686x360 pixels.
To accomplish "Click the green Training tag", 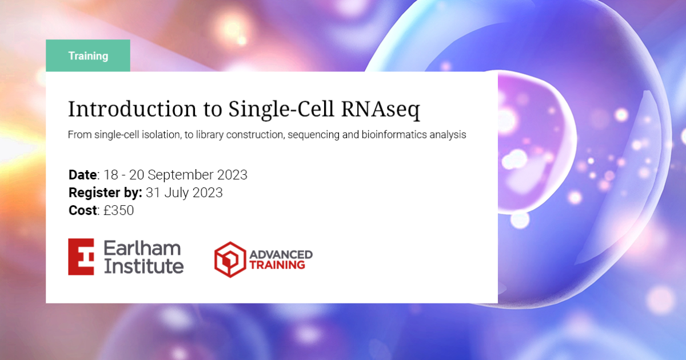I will pyautogui.click(x=88, y=56).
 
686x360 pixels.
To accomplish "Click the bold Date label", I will pyautogui.click(x=82, y=175).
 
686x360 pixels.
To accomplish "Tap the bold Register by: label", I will pyautogui.click(x=105, y=193).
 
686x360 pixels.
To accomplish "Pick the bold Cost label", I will pyautogui.click(x=83, y=210).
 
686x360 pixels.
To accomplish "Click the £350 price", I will pyautogui.click(x=119, y=210).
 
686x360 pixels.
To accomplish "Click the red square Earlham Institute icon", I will pyautogui.click(x=81, y=257).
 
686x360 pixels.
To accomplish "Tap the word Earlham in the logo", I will pyautogui.click(x=142, y=248).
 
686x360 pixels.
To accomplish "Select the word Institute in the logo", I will pyautogui.click(x=143, y=266).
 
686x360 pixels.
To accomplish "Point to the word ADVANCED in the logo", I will pyautogui.click(x=281, y=253).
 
